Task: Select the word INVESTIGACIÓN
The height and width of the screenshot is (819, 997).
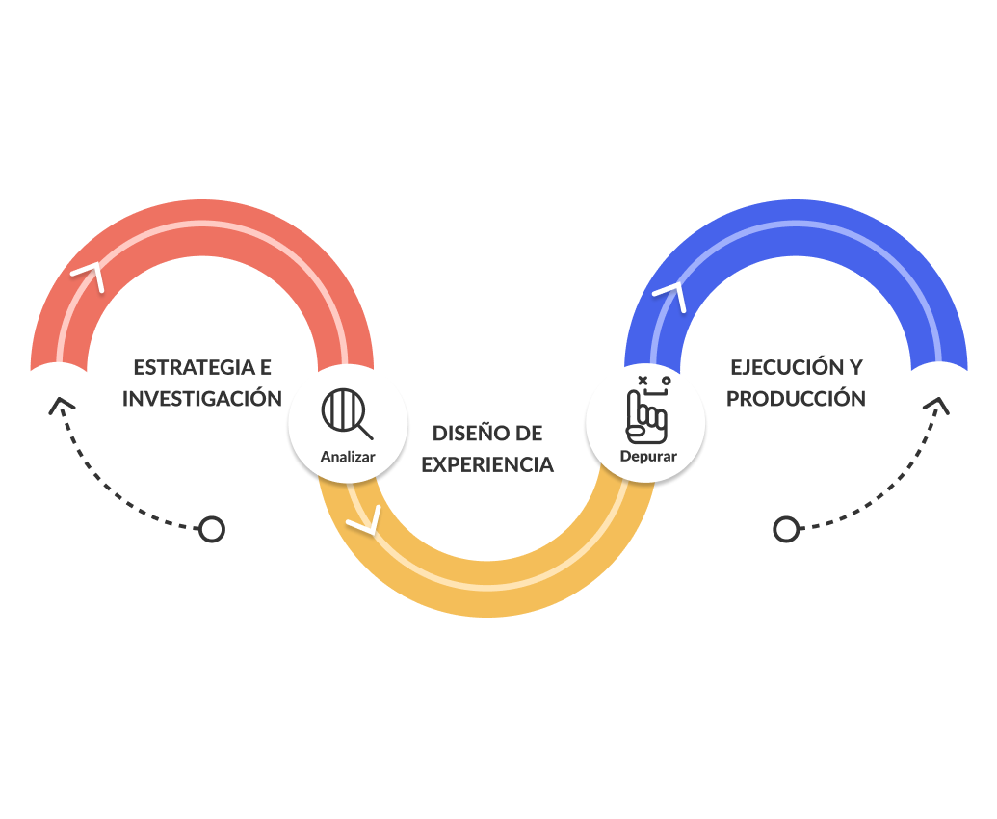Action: pyautogui.click(x=202, y=399)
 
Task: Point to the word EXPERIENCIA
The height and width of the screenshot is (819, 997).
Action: pyautogui.click(x=487, y=465)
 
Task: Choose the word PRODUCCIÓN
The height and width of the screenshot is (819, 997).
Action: pyautogui.click(x=796, y=399)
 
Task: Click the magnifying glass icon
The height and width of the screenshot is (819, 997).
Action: pyautogui.click(x=346, y=414)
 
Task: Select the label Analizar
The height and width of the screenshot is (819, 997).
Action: pyautogui.click(x=348, y=457)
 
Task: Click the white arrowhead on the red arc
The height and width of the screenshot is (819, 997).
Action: pyautogui.click(x=90, y=276)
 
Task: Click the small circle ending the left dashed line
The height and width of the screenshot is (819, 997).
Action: pyautogui.click(x=211, y=529)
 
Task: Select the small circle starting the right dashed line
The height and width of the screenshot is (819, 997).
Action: pyautogui.click(x=786, y=529)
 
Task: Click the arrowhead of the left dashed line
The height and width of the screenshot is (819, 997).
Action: pyautogui.click(x=60, y=404)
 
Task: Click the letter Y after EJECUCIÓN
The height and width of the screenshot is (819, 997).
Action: pyautogui.click(x=855, y=367)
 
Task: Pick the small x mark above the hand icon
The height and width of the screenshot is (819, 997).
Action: pyautogui.click(x=643, y=381)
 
